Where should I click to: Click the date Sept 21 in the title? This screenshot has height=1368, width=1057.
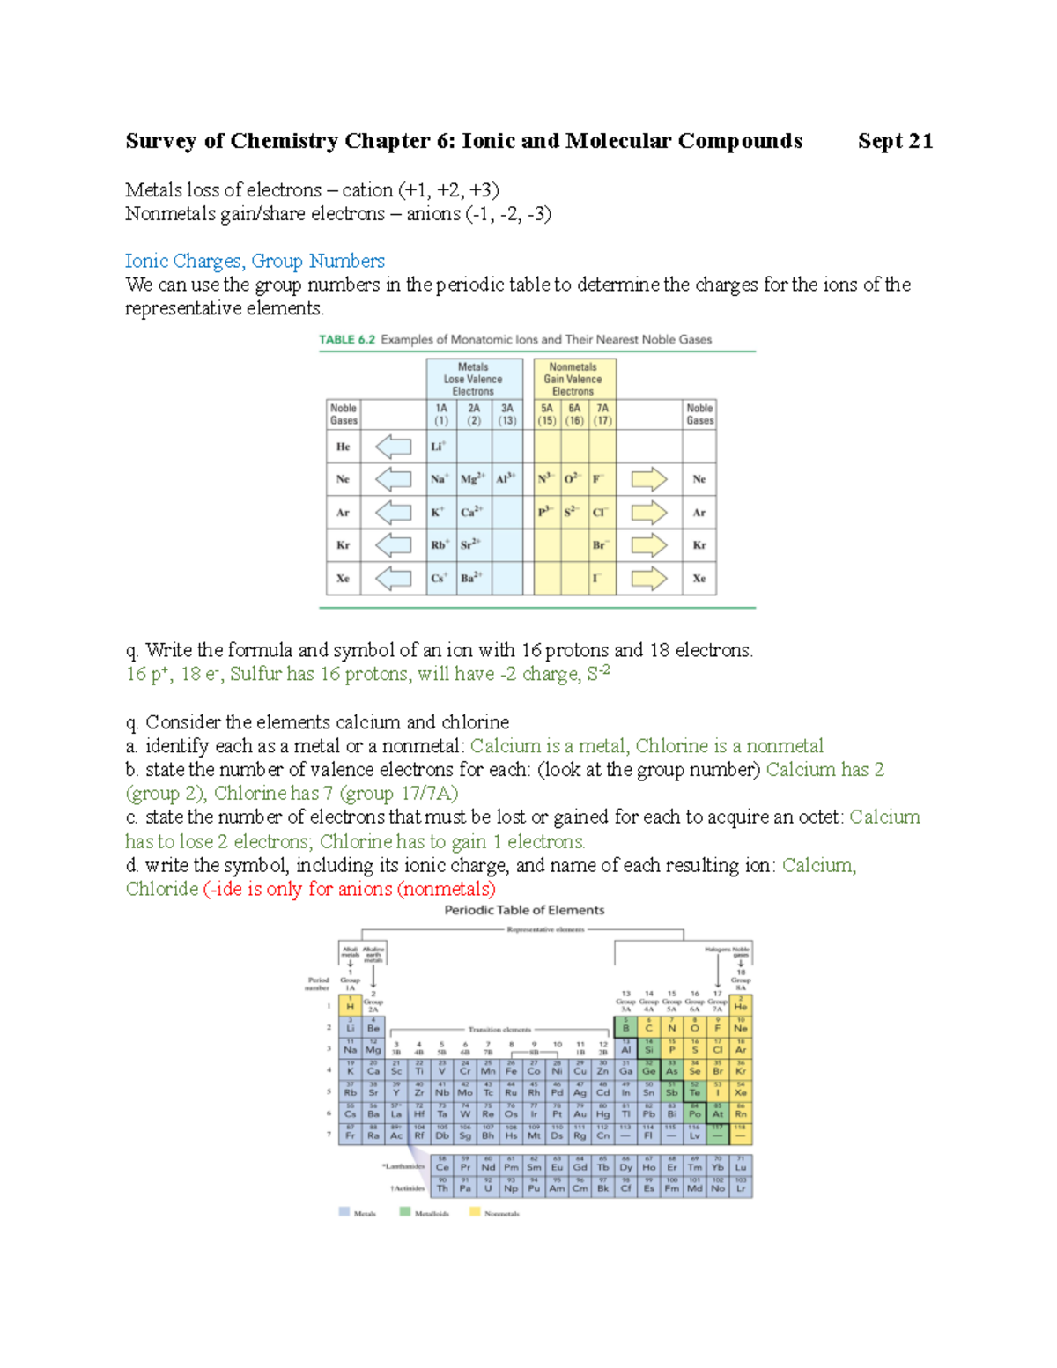(x=895, y=141)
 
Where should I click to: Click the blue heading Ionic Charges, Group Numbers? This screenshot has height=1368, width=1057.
(x=255, y=261)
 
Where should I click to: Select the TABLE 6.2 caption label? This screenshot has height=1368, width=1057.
(x=347, y=339)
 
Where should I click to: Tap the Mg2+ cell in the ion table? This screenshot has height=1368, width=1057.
(x=473, y=479)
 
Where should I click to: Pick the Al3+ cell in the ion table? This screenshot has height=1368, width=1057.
(x=506, y=479)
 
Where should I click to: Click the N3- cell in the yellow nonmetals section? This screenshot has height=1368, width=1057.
(x=546, y=479)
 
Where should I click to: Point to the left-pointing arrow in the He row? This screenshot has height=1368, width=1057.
(x=394, y=447)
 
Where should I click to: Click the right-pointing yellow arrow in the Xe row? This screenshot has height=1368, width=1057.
(x=649, y=579)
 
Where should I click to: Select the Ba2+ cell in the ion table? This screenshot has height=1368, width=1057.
(x=472, y=579)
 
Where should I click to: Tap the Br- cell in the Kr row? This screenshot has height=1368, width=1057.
(x=601, y=545)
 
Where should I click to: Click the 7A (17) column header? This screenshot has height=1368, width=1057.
(x=602, y=414)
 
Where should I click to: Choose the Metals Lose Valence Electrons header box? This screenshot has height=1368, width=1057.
(x=473, y=379)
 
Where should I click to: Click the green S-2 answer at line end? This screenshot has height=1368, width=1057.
(x=598, y=674)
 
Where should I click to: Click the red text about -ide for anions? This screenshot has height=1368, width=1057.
(x=349, y=889)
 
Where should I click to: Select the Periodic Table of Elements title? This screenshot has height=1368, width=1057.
(x=524, y=910)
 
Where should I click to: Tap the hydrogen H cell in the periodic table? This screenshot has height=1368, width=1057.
(x=351, y=1005)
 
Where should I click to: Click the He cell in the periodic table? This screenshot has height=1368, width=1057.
(x=741, y=1005)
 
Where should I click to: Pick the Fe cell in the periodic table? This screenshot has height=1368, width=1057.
(x=511, y=1070)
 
